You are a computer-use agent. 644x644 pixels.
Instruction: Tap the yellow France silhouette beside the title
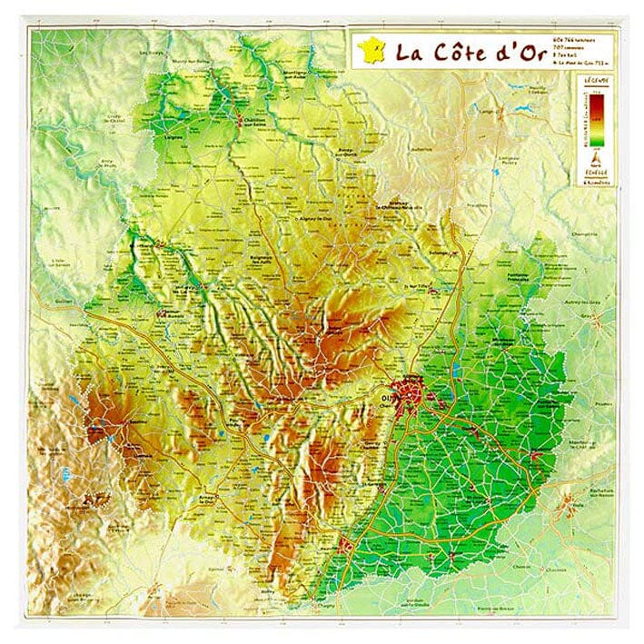click(x=371, y=49)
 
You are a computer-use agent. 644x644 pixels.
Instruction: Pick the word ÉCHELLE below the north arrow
click(x=597, y=172)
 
